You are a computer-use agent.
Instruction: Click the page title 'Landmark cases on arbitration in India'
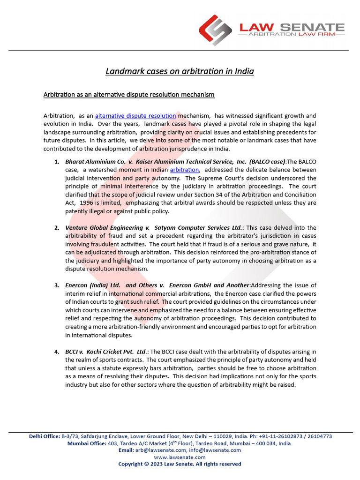pyautogui.click(x=180, y=71)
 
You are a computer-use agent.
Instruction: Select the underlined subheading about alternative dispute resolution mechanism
pyautogui.click(x=129, y=95)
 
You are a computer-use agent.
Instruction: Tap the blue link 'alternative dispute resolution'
pyautogui.click(x=135, y=115)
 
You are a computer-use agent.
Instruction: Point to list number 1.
pyautogui.click(x=56, y=162)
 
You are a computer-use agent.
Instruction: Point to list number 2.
pyautogui.click(x=56, y=228)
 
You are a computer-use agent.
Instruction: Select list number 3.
pyautogui.click(x=56, y=285)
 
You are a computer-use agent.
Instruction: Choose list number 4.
pyautogui.click(x=56, y=352)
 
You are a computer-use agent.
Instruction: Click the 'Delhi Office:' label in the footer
pyautogui.click(x=44, y=436)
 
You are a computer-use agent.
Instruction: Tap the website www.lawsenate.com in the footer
pyautogui.click(x=180, y=457)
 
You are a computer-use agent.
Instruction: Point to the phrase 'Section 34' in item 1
pyautogui.click(x=214, y=195)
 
